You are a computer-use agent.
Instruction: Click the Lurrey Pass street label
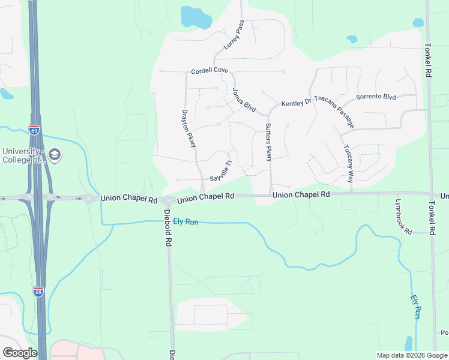pyautogui.click(x=234, y=37)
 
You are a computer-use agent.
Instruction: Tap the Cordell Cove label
pyautogui.click(x=209, y=71)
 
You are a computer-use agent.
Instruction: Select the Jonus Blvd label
pyautogui.click(x=244, y=100)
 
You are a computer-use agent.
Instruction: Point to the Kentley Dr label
pyautogui.click(x=297, y=103)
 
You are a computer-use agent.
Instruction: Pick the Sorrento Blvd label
pyautogui.click(x=376, y=97)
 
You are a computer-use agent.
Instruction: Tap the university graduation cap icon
pyautogui.click(x=55, y=155)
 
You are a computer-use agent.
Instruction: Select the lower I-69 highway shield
pyautogui.click(x=38, y=292)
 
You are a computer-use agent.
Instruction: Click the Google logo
pyautogui.click(x=20, y=353)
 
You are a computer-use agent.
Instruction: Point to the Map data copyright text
pyautogui.click(x=411, y=355)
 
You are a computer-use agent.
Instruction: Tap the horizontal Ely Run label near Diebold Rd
pyautogui.click(x=185, y=222)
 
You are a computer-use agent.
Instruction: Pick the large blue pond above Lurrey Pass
pyautogui.click(x=195, y=17)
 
